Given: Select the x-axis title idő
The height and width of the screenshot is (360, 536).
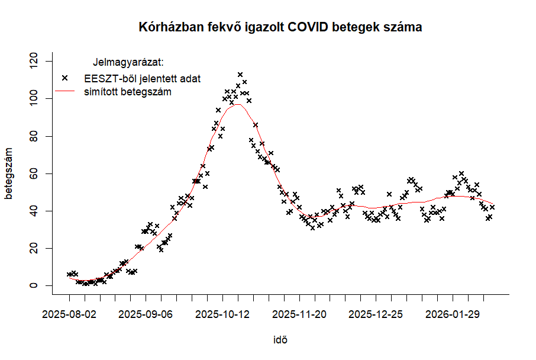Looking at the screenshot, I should tap(280, 340).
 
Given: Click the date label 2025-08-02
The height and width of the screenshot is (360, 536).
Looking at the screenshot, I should tap(69, 313).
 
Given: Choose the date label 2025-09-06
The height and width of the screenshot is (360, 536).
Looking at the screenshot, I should tap(146, 313).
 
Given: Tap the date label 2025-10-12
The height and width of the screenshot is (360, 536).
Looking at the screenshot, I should tap(222, 313).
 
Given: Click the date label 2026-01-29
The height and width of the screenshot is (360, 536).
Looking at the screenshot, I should tap(453, 313).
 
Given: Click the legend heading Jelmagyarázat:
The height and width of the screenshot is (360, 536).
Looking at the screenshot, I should tap(128, 62).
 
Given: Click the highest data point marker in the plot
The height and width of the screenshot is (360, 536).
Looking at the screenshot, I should tap(240, 75).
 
